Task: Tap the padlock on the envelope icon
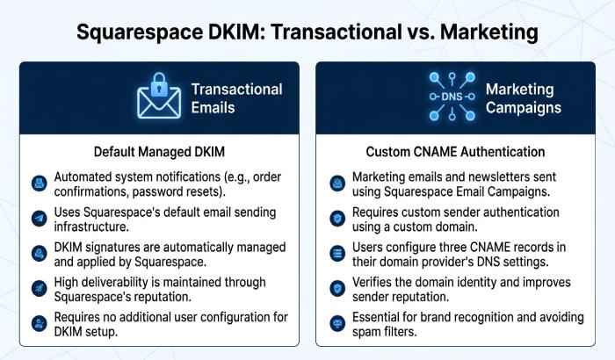pos(159,83)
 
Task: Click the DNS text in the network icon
pos(452,97)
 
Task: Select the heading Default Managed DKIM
pos(159,152)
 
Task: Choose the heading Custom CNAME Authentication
pos(455,152)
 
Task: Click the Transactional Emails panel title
pos(236,98)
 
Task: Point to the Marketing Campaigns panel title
pos(524,98)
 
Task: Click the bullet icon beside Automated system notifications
pos(40,184)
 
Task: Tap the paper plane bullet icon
pos(40,219)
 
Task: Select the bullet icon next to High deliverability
pos(40,289)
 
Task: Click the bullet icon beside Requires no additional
pos(40,323)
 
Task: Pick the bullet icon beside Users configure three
pos(337,254)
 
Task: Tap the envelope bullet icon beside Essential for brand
pos(337,323)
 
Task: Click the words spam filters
pos(384,332)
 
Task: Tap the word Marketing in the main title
pos(489,32)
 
